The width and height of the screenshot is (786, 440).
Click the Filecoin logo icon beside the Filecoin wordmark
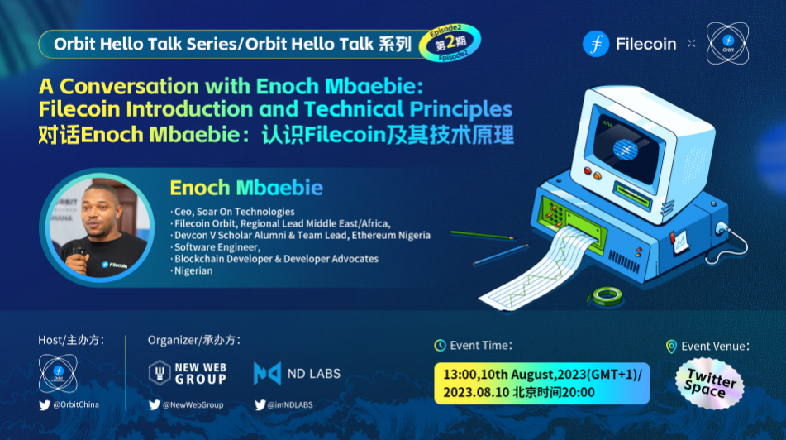coord(596,44)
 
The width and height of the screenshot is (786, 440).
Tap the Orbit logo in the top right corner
coord(727,43)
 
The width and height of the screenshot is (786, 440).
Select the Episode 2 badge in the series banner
coord(450,43)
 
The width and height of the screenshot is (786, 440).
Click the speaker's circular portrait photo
coord(100,227)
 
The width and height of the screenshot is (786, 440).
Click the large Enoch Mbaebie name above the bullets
coord(246,188)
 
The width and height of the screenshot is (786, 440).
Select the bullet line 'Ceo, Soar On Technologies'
coord(232,212)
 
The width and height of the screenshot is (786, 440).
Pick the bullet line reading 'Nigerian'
coord(192,271)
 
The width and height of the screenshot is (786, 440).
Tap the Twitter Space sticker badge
coord(710,383)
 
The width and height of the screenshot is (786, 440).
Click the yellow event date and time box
coord(541,383)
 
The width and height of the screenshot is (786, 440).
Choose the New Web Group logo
coord(188,373)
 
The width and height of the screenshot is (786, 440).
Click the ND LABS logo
coord(297,373)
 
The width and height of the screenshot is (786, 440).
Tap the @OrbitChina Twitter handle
coord(69,404)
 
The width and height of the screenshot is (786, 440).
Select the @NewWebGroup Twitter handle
coord(186,404)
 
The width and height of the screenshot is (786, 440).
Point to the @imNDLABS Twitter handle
coord(283,404)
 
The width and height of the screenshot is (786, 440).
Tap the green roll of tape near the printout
coord(607,295)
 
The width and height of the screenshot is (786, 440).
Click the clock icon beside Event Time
coord(440,345)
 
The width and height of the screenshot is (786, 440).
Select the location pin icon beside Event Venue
coord(671,347)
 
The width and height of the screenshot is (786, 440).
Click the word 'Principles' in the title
coord(460,109)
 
